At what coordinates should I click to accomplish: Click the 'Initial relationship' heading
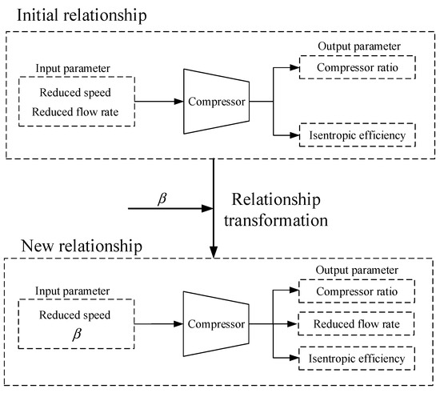[83, 17]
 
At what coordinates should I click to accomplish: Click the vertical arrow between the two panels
[214, 208]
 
